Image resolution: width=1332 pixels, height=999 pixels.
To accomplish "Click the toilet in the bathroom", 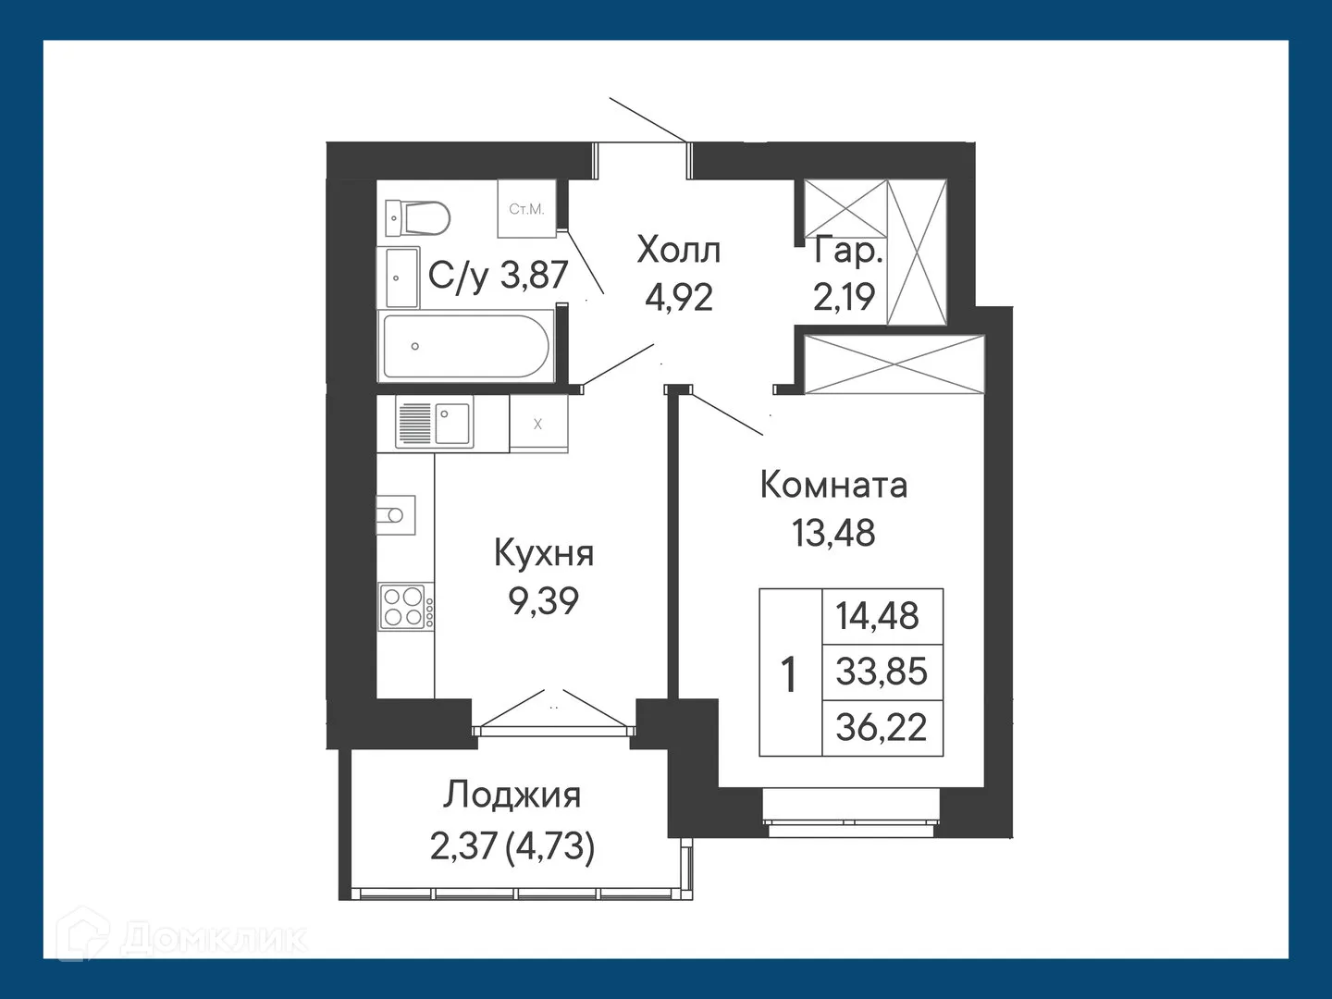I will [x=417, y=219].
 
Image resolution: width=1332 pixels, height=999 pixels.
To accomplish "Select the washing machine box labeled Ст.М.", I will [x=526, y=209].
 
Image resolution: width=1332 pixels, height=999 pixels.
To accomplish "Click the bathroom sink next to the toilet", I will [x=401, y=277].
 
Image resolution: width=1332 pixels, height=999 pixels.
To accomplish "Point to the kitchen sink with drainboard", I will [x=434, y=423].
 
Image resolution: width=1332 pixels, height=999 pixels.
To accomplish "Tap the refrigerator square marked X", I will [x=538, y=424].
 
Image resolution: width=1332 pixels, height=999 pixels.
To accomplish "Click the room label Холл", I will [x=679, y=250].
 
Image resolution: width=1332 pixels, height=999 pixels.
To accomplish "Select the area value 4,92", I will [x=679, y=298].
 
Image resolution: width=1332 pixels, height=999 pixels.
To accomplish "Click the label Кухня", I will [x=544, y=553].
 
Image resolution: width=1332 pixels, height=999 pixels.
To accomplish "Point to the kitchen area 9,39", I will [x=544, y=601].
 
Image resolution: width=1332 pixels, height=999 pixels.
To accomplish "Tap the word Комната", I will [x=833, y=485].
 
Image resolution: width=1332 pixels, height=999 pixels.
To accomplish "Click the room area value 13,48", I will [x=833, y=533].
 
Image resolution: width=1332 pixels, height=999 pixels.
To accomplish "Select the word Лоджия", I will [x=512, y=795].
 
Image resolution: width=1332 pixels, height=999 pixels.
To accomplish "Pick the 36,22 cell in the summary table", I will [x=882, y=727].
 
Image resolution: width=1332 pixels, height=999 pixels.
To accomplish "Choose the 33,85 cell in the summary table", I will [x=882, y=672].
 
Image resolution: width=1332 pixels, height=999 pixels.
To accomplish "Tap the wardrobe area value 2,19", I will [x=844, y=298].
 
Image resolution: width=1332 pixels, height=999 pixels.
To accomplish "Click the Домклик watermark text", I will [x=214, y=939].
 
